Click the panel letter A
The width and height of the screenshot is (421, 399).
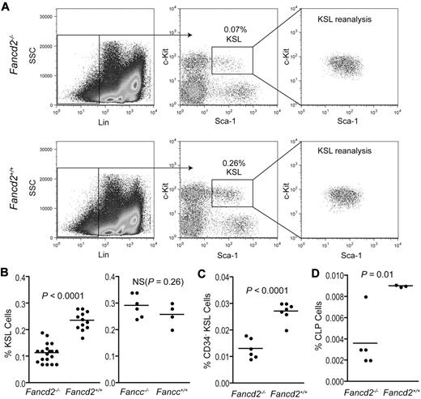6,6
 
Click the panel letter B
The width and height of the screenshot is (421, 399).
6,261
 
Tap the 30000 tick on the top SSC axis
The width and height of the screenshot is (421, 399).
43,16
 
